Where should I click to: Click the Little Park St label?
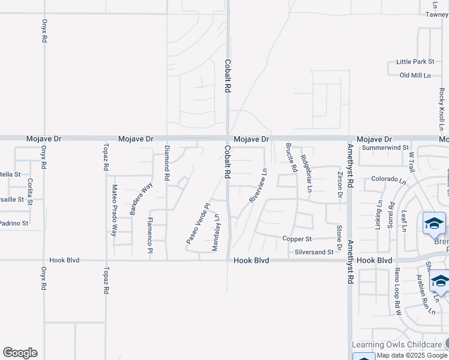coord(415,62)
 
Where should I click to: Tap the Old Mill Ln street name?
coord(415,75)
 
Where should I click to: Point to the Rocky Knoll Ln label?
coord(441,110)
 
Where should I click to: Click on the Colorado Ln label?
coord(388,179)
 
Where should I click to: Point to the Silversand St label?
coord(314,253)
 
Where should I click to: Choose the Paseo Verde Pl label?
coord(197,224)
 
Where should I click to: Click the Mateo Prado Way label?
coord(114,211)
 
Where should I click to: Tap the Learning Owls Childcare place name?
coord(397,344)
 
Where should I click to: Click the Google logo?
coord(20,353)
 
